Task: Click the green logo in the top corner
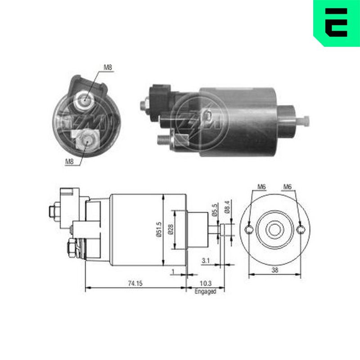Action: pos(337,23)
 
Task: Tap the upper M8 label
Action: pos(108,67)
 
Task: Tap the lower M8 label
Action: pos(69,162)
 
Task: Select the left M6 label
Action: pos(261,187)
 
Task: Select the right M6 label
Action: pos(287,187)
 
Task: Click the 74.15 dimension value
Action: pos(135,283)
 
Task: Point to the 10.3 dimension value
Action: pos(206,283)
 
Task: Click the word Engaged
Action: pos(206,291)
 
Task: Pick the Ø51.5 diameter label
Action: pos(159,229)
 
